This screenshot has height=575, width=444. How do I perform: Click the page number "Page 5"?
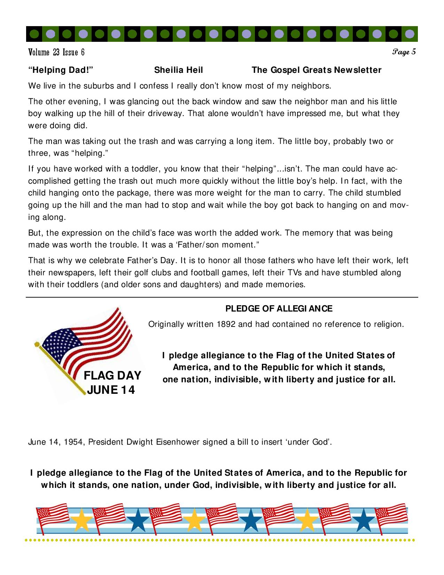pos(404,52)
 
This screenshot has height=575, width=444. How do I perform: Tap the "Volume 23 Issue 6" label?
pos(56,52)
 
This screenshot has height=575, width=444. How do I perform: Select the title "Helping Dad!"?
pos(61,70)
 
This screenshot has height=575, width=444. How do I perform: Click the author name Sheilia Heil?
pos(178,70)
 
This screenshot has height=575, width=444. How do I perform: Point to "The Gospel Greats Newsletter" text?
pos(317,70)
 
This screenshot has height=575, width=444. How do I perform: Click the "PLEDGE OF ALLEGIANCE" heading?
pos(279,308)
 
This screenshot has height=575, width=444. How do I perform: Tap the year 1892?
pos(226,324)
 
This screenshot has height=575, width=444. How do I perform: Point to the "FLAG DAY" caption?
pos(112,375)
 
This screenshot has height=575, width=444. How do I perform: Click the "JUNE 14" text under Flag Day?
pos(111,390)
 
